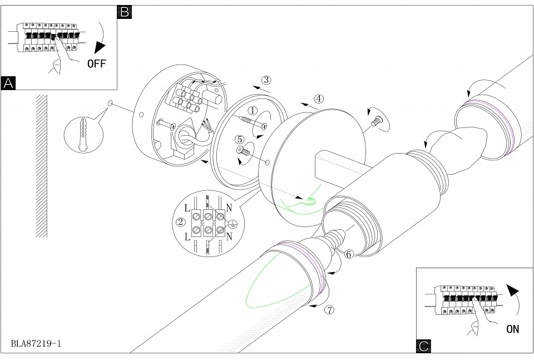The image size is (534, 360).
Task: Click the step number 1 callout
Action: click(x=252, y=110)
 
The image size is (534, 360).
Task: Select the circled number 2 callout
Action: click(x=180, y=222)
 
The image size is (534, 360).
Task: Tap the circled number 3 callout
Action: click(x=266, y=80)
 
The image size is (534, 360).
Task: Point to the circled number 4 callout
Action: click(x=318, y=98)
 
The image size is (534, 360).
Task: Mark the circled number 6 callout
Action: click(x=349, y=254)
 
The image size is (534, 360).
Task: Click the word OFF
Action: click(x=96, y=63)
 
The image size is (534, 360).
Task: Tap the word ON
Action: click(x=512, y=329)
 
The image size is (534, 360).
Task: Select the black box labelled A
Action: click(x=8, y=83)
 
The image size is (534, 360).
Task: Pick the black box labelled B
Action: click(x=125, y=12)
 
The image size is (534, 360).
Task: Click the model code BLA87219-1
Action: click(x=36, y=343)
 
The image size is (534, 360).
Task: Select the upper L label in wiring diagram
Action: click(x=187, y=208)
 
